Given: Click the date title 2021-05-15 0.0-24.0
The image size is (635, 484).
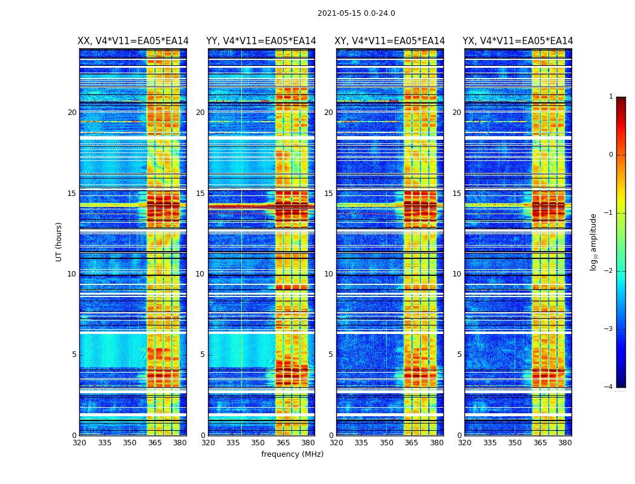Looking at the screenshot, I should click(x=356, y=13).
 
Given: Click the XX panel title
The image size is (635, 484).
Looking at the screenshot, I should click(x=133, y=41).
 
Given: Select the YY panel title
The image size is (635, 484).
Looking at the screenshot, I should click(x=261, y=41).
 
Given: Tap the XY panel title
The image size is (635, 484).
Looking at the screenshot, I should click(x=389, y=41).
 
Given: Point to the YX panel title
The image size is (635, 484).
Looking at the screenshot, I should click(x=518, y=41).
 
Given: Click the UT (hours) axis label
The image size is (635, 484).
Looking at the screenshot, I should click(x=59, y=241).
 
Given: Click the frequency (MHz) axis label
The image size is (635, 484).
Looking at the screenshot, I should click(x=292, y=454).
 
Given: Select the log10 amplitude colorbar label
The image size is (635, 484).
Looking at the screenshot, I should click(x=594, y=241).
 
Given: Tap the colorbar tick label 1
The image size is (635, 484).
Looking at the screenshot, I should click(x=611, y=97).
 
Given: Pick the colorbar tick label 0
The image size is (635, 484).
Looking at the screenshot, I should click(x=611, y=155).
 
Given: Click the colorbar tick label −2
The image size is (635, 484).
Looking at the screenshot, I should click(x=610, y=271).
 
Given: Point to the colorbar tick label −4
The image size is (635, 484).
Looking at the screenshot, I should click(x=610, y=387).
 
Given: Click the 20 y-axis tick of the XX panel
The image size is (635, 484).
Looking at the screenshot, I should click(x=72, y=113).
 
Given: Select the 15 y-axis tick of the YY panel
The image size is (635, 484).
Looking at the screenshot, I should click(x=200, y=194).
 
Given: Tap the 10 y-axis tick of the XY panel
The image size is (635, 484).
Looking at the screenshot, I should click(x=328, y=274).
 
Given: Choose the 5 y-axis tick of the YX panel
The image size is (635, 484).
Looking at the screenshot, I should click(x=459, y=355).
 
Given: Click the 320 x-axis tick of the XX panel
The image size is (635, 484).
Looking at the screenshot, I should click(x=79, y=442).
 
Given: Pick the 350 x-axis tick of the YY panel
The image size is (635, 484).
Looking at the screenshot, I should click(x=258, y=442).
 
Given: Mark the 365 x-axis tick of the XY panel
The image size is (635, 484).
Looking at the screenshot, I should click(x=411, y=442).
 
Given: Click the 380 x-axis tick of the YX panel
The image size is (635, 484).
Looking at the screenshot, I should click(x=565, y=442).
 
